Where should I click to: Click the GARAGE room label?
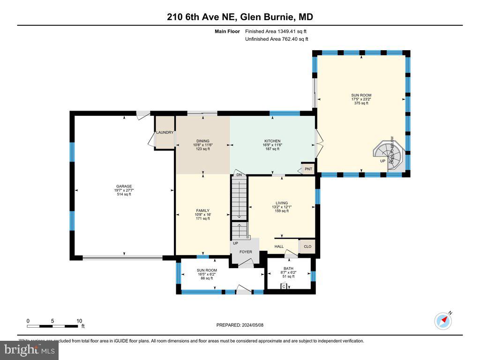(124, 186)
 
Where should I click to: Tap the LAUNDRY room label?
(165, 133)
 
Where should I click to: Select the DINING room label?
(202, 141)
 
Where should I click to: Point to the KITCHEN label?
(272, 141)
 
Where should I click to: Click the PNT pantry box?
(308, 169)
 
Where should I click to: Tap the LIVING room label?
(282, 203)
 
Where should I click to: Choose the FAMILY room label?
(202, 210)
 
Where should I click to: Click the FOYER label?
(246, 252)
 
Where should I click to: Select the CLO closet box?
(307, 247)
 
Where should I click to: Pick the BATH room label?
(288, 269)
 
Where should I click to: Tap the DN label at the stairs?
(239, 174)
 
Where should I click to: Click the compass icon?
(443, 321)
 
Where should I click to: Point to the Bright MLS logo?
(29, 350)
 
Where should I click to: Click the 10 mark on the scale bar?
(79, 321)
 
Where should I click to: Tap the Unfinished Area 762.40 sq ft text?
(277, 39)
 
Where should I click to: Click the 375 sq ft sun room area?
(361, 103)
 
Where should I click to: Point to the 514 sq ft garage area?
(124, 194)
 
